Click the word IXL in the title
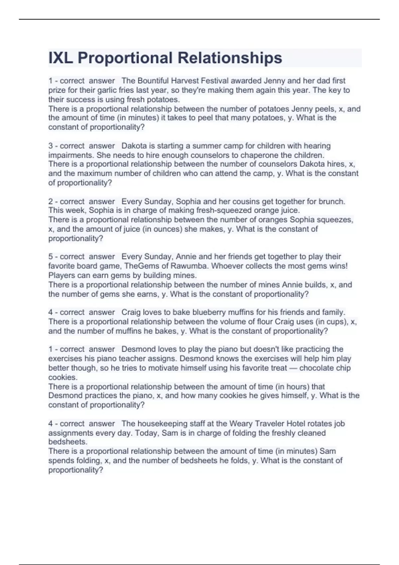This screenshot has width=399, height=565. (61, 58)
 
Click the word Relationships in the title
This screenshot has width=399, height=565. (230, 58)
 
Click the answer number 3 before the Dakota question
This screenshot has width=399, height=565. (51, 146)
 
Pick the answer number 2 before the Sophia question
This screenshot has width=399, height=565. (51, 201)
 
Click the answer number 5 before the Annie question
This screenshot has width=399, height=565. (51, 257)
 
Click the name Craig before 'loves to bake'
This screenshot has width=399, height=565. (131, 312)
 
